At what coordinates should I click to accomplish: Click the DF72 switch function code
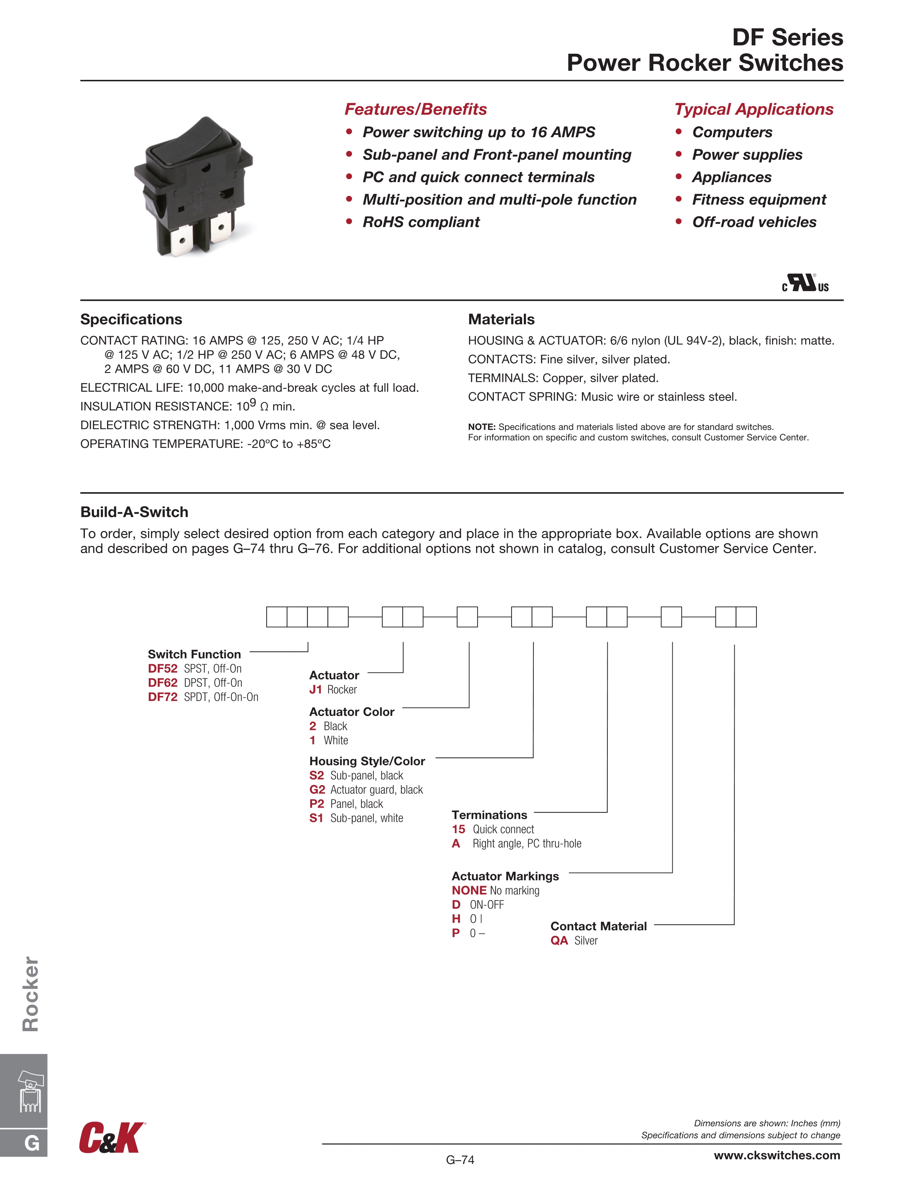[162, 697]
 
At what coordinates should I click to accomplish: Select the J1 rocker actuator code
[315, 689]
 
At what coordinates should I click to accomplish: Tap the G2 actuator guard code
[317, 789]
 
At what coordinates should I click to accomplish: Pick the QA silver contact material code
[559, 940]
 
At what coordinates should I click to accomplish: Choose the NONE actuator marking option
[469, 890]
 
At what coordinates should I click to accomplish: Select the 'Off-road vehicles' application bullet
[754, 222]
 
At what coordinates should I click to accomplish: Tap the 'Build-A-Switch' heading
[134, 512]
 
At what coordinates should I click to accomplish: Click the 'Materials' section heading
[501, 319]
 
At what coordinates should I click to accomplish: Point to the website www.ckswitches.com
[776, 1155]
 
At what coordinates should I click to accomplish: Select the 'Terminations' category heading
[489, 814]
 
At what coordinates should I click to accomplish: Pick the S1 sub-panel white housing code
[316, 818]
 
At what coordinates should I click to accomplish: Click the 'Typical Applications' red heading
[754, 109]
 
